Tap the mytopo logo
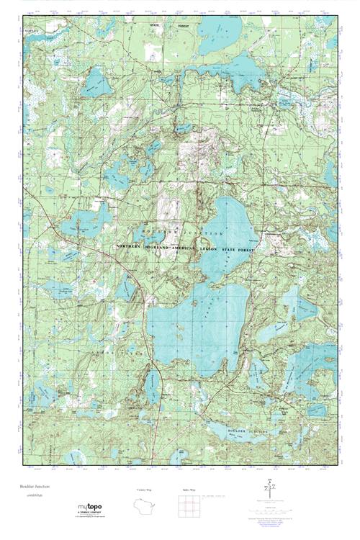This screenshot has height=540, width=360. pyautogui.click(x=91, y=506)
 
